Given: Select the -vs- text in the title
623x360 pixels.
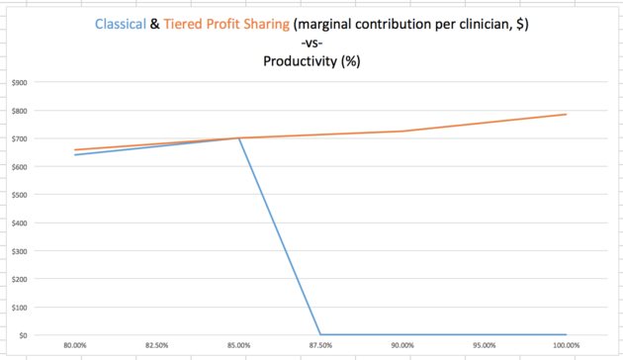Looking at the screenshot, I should click(311, 44).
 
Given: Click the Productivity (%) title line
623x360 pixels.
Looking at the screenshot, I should click(311, 61).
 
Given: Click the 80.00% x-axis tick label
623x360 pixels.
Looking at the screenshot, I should click(75, 346).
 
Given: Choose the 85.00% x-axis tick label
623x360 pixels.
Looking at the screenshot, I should click(238, 346).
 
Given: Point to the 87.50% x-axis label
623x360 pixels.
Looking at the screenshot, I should click(319, 346).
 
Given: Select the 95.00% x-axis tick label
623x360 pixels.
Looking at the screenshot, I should click(483, 346).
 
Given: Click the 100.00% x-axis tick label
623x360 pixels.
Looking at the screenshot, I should click(565, 346).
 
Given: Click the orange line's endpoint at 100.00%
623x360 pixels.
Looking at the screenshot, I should click(566, 115).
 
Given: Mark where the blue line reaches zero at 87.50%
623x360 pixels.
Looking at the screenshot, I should click(319, 334).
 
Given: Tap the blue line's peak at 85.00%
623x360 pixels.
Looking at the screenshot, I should click(238, 138).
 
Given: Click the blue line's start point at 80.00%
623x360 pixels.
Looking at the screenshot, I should click(75, 154).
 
